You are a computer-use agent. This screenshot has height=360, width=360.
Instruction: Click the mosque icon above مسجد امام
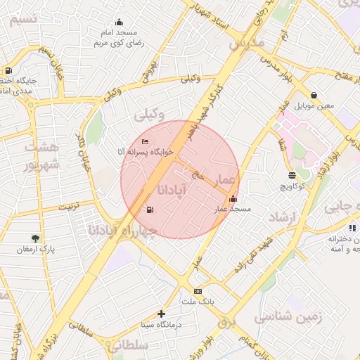click(119, 22)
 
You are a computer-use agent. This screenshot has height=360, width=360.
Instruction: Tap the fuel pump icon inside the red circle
click(149, 210)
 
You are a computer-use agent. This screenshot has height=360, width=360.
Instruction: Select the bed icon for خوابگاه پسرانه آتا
click(145, 142)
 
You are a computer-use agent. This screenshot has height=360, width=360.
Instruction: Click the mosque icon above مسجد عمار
click(233, 199)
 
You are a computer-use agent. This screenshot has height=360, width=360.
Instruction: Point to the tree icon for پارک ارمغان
click(36, 239)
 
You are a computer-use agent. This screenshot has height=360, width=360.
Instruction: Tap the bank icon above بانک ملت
click(198, 291)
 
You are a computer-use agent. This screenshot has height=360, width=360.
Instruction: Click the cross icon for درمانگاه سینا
click(162, 314)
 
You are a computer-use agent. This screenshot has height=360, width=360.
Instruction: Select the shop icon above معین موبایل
click(313, 95)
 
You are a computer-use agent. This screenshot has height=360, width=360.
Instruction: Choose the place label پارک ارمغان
click(36, 250)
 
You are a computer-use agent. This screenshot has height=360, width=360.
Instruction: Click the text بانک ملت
click(197, 302)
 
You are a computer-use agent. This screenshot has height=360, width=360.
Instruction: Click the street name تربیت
click(70, 208)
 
